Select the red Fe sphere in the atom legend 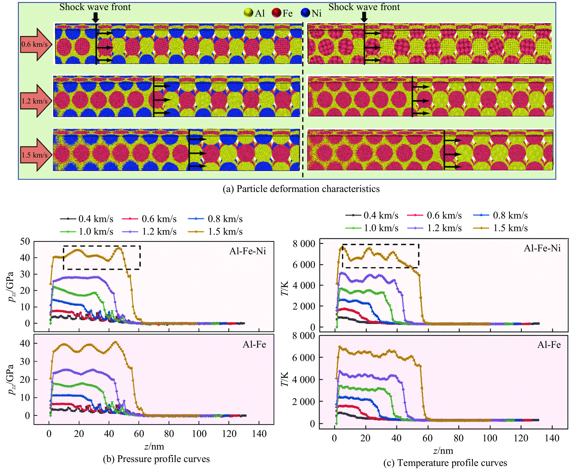(277, 13)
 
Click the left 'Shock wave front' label (95, 7)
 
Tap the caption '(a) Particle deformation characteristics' (301, 189)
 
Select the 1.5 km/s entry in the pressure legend (215, 231)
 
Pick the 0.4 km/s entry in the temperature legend (372, 215)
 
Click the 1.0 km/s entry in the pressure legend (87, 231)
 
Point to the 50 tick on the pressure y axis (25, 241)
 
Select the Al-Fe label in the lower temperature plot (549, 345)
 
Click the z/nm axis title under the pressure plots (154, 446)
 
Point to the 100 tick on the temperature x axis (490, 438)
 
